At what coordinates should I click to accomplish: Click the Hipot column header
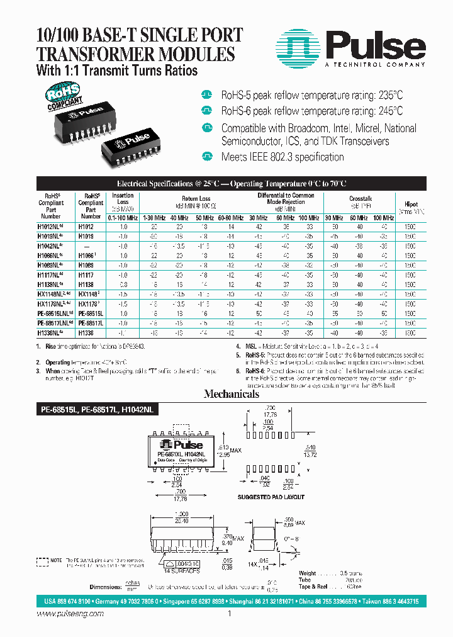(410, 205)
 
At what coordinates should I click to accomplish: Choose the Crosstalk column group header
(361, 198)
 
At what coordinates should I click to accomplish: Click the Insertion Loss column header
(123, 199)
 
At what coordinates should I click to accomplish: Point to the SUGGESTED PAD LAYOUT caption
(271, 497)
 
